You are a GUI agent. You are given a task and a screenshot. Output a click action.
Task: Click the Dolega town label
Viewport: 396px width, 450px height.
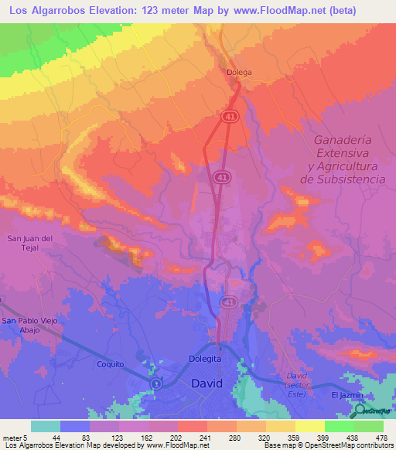point(240,73)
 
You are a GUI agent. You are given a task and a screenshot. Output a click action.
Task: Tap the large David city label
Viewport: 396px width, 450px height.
point(207,384)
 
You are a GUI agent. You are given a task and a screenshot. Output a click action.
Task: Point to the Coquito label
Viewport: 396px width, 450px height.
point(110,364)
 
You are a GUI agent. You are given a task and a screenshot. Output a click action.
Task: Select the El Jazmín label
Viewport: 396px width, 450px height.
point(347,395)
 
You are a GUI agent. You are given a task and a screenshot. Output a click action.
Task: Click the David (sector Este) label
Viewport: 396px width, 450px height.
point(298,380)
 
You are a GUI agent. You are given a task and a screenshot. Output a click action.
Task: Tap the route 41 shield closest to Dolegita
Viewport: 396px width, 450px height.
point(228,300)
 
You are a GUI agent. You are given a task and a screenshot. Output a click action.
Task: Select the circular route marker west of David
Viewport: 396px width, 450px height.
point(155,384)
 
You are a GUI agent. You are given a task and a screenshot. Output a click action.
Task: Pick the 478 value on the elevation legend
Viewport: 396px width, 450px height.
point(382,438)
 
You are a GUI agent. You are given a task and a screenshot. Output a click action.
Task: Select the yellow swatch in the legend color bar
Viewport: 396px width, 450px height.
point(309,426)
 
